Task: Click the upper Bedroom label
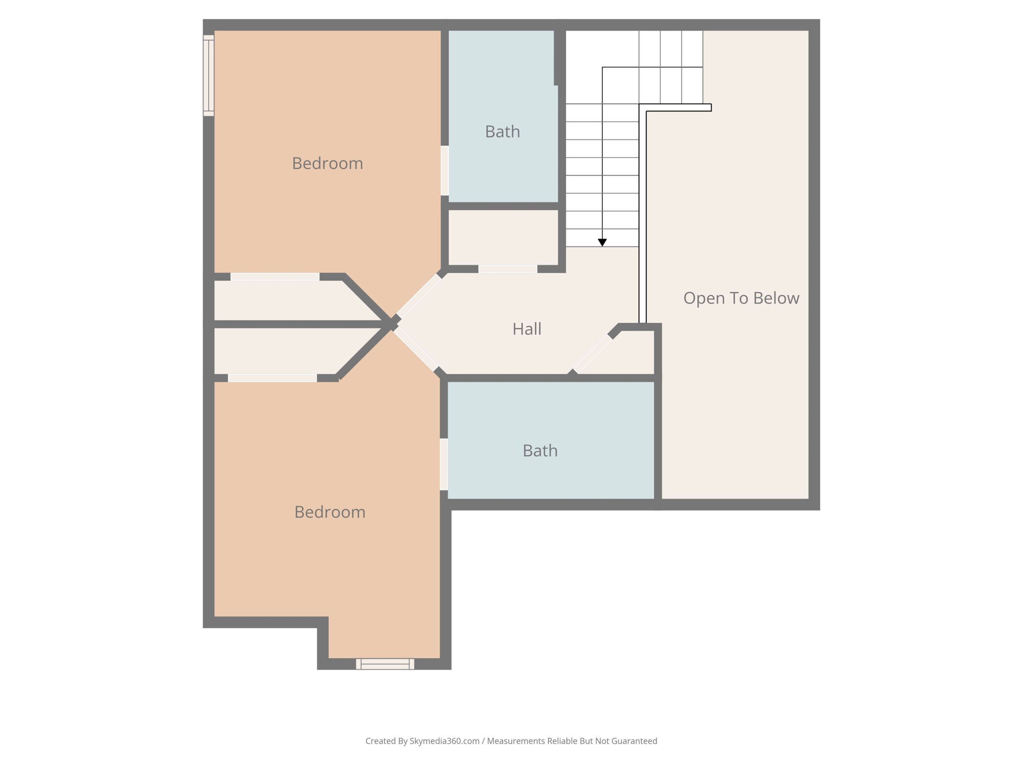327,163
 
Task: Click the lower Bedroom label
330,512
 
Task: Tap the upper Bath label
502,132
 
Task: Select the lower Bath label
540,451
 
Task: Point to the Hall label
527,329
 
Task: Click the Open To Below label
741,298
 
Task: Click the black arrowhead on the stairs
602,242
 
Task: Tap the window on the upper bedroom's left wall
209,76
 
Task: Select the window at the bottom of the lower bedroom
385,664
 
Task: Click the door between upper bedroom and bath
444,171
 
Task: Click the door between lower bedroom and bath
444,464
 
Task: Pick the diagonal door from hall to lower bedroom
416,349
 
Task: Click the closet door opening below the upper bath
508,269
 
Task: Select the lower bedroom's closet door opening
273,378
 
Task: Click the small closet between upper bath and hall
503,238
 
